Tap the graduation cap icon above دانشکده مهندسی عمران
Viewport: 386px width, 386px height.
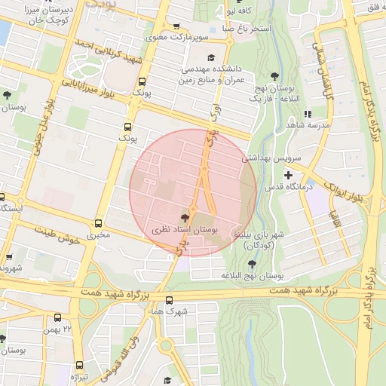pyautogui.click(x=211, y=58)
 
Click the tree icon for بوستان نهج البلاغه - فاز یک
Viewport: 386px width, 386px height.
pyautogui.click(x=274, y=76)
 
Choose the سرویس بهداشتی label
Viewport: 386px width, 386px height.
pyautogui.click(x=271, y=159)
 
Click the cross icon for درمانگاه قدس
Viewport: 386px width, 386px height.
pyautogui.click(x=288, y=176)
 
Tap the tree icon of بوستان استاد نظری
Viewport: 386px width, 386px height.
pyautogui.click(x=185, y=216)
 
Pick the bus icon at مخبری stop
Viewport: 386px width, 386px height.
pyautogui.click(x=98, y=224)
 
